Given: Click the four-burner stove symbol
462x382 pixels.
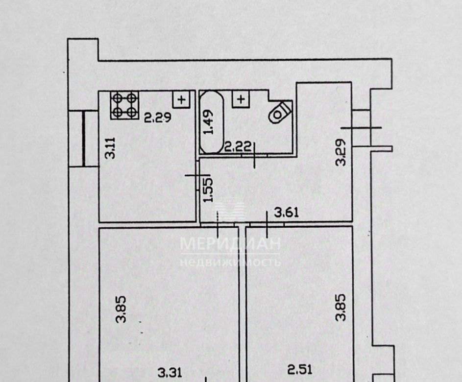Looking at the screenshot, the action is pos(124,105).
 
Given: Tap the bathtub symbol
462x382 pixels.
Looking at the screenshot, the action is pos(211,122).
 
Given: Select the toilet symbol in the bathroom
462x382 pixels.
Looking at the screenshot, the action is pos(280,112).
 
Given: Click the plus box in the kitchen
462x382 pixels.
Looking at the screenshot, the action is pos(182,99).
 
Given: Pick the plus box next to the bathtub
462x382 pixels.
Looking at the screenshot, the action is pos(241,99).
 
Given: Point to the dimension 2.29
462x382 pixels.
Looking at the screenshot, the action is pos(157,118).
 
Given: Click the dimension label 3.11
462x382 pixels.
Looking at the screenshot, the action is pos(111,148).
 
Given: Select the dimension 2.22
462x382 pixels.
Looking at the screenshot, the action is pos(238,146).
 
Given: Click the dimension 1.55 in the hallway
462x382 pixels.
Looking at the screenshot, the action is pos(208,190).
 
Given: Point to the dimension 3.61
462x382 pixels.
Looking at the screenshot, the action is pos(287,212).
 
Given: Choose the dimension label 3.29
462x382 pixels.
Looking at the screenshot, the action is pos(341,152).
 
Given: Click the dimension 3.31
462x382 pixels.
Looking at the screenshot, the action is pos(170,373).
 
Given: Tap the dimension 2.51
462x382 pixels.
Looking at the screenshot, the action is pos(299,369).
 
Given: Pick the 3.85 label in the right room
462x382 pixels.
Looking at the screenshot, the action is pos(341,307).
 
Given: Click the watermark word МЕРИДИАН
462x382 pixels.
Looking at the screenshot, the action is pos(230,244).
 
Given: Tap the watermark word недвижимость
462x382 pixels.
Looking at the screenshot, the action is pos(230,262).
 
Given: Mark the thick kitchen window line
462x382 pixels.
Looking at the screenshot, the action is pos(84,139).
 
